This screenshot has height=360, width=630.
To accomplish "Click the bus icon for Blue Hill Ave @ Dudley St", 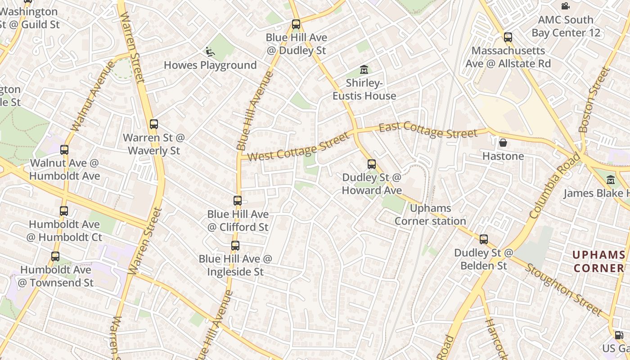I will [x=296, y=24].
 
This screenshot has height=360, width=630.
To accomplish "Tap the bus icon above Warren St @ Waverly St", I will [x=154, y=124].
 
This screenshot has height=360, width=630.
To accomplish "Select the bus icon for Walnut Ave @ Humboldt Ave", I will [x=64, y=150].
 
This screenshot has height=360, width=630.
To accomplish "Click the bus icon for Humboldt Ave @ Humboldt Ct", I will [x=64, y=211].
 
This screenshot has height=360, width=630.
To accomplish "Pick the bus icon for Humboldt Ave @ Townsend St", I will [x=55, y=256].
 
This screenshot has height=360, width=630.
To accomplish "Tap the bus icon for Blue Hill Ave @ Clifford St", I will [x=238, y=201].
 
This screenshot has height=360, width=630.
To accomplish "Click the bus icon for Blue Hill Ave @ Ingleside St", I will [x=235, y=246].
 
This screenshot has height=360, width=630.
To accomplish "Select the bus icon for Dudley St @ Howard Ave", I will [x=372, y=164].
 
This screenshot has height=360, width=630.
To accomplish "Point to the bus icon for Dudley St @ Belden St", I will [x=484, y=239].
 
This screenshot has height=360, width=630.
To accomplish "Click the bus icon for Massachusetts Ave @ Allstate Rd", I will [x=508, y=37].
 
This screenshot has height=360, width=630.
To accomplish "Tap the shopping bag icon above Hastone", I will [x=503, y=143].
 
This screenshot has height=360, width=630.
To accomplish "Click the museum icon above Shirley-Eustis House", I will [x=364, y=70].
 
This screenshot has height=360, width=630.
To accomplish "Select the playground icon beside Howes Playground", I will [x=210, y=52].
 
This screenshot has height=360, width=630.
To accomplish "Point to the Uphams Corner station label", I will [x=430, y=215].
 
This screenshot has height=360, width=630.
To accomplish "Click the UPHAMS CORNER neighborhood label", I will [x=598, y=261].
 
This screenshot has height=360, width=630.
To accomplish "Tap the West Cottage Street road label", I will [x=298, y=147].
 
